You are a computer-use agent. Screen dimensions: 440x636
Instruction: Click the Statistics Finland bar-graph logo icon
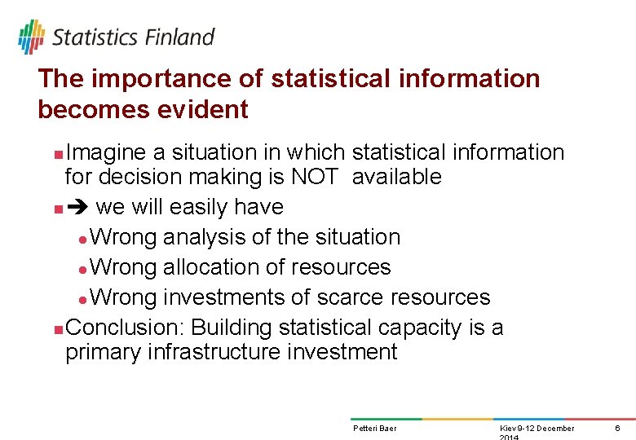(32, 37)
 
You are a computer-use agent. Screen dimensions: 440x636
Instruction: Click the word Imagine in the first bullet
(105, 152)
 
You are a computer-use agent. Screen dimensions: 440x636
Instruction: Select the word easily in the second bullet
(194, 207)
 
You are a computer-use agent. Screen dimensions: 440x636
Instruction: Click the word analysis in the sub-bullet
(197, 237)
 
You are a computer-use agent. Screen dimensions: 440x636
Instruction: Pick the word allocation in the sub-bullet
(219, 267)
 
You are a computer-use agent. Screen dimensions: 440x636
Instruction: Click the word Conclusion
(126, 328)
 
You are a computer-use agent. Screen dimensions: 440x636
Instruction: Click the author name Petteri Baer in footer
(375, 429)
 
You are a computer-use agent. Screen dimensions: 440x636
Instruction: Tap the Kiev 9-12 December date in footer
(537, 429)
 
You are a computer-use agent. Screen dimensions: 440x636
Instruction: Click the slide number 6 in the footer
(617, 429)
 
